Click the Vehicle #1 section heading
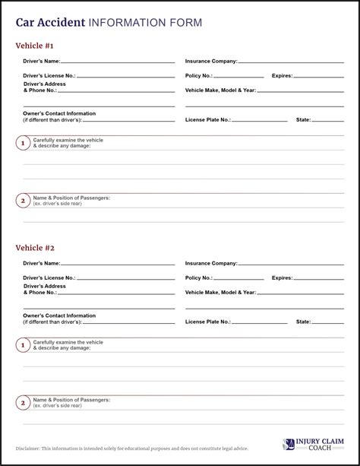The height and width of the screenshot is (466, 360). (x=35, y=46)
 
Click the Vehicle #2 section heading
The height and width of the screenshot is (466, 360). (x=35, y=248)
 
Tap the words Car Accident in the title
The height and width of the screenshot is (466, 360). (x=50, y=23)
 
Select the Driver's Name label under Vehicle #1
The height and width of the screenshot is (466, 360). (x=41, y=61)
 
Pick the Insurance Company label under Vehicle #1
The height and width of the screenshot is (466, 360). (x=211, y=61)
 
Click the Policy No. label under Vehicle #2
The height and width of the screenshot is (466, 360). (x=199, y=278)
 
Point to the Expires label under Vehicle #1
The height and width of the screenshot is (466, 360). (x=282, y=76)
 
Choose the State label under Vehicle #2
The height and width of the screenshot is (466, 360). (x=303, y=322)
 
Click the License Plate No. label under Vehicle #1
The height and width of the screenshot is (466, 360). (x=207, y=119)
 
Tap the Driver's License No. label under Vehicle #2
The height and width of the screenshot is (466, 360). (x=49, y=278)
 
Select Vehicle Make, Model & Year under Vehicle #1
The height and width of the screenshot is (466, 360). (x=220, y=90)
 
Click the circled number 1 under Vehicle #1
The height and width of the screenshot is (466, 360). (x=23, y=143)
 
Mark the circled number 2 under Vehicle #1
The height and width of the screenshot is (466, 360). (x=23, y=201)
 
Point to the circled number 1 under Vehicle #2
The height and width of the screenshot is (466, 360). (x=23, y=345)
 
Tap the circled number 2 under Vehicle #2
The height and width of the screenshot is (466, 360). (x=23, y=403)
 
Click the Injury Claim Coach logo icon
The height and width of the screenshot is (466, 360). (x=289, y=445)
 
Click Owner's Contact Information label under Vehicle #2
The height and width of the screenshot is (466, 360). (x=59, y=315)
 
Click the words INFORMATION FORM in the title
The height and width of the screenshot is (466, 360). (x=145, y=23)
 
